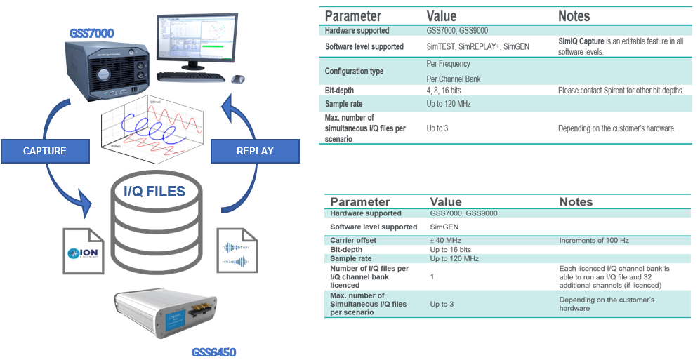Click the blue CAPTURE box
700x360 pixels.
[45, 151]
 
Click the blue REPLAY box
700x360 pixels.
[255, 151]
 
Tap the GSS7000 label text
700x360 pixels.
[91, 33]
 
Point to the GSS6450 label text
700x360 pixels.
[213, 352]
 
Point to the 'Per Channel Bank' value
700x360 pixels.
[453, 79]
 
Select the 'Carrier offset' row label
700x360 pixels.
[353, 241]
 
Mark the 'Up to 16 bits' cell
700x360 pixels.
[450, 250]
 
